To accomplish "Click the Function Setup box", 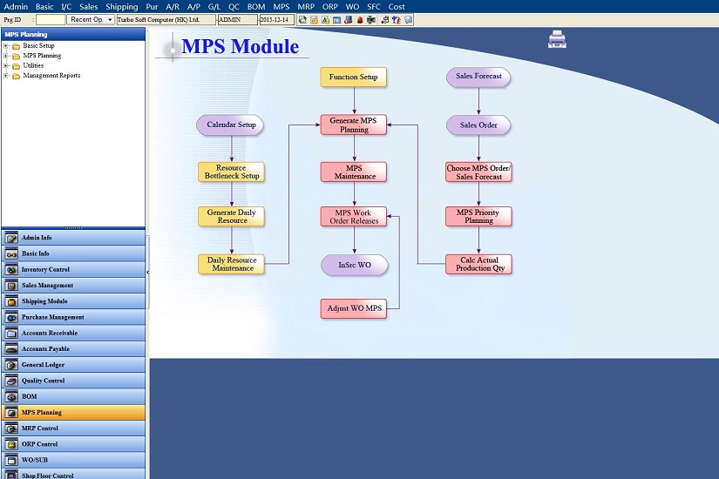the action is pos(354,77).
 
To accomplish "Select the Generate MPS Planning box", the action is pos(354,125).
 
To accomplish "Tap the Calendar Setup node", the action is pos(230,125).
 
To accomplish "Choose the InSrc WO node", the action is pos(355,265).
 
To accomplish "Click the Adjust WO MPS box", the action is pos(354,308).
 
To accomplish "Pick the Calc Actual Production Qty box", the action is pos(478,265).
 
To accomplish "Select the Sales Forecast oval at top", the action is pos(478,77).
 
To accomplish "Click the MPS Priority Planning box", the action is pos(478,216).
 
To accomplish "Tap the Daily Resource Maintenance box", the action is pos(232,264).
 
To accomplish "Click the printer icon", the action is pos(557,39).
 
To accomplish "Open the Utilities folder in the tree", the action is pos(33,65).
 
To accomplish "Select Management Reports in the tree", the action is pos(51,76).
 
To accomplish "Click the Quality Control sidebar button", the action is pos(73,381).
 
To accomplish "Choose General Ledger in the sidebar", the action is pos(73,365).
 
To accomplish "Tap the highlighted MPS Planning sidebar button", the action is pos(73,413).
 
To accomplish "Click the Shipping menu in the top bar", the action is pos(121,6).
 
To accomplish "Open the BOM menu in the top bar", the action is pos(256,6).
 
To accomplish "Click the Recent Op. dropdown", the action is pos(91,20).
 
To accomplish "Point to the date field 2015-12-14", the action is pos(276,20).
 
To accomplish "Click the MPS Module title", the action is pos(241,46).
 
